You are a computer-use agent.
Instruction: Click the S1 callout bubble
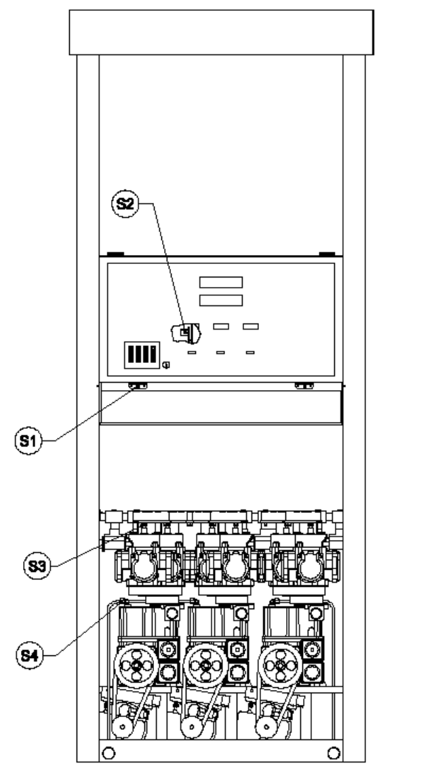coord(28,440)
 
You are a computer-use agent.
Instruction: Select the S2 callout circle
coord(125,204)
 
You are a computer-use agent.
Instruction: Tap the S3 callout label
coord(37,566)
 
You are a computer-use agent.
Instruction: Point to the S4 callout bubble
coord(30,655)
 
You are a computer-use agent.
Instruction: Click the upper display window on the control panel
coord(221,282)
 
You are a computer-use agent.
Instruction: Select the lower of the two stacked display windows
coord(221,300)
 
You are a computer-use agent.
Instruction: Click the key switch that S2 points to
coord(185,333)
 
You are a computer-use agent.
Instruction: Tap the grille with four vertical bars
coord(142,355)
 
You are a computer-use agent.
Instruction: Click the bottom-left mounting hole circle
coord(109,752)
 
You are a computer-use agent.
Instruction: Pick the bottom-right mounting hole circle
coord(334,752)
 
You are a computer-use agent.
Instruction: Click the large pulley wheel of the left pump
coord(136,666)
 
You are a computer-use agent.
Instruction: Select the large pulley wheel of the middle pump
coord(205,666)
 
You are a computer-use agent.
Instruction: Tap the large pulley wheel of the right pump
coord(280,666)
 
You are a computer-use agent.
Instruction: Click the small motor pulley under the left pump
coord(121,727)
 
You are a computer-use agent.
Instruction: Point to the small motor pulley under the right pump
coord(266,727)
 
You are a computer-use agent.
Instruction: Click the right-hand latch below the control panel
coord(304,386)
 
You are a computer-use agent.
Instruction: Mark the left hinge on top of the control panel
coord(116,254)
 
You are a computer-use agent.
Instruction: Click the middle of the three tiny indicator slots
coord(221,352)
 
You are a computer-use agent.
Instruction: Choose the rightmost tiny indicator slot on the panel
coord(250,352)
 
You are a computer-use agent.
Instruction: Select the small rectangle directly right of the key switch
coord(221,326)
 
